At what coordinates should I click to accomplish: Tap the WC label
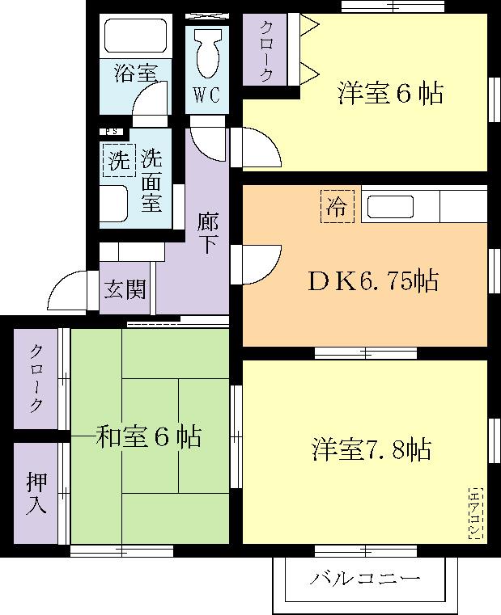click(206, 94)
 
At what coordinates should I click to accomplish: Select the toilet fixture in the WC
click(207, 53)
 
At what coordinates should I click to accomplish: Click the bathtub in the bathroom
click(135, 37)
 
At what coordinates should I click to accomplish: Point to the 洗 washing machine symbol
click(119, 159)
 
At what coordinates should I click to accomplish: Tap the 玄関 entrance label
click(126, 289)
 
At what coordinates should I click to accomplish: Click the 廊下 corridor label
click(207, 233)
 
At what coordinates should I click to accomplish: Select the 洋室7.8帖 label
click(371, 449)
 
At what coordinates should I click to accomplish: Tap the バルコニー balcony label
click(365, 579)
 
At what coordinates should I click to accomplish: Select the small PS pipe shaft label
click(111, 131)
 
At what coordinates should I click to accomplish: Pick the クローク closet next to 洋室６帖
click(266, 51)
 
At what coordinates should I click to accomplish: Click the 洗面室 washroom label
click(151, 180)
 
